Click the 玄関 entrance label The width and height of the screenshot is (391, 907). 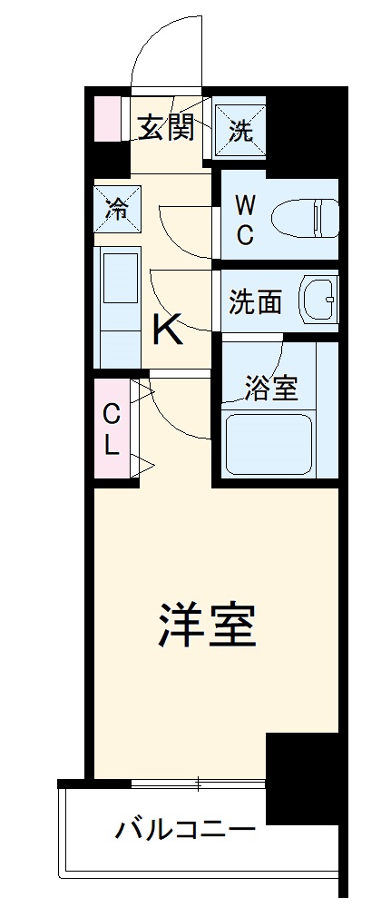point(166,128)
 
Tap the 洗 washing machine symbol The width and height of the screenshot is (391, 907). point(239,129)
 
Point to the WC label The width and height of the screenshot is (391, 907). point(246,219)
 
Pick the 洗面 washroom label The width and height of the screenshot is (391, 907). point(254,302)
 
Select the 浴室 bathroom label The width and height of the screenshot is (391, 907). point(271,388)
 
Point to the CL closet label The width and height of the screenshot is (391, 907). point(112,429)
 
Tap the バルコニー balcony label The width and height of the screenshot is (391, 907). point(185,829)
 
